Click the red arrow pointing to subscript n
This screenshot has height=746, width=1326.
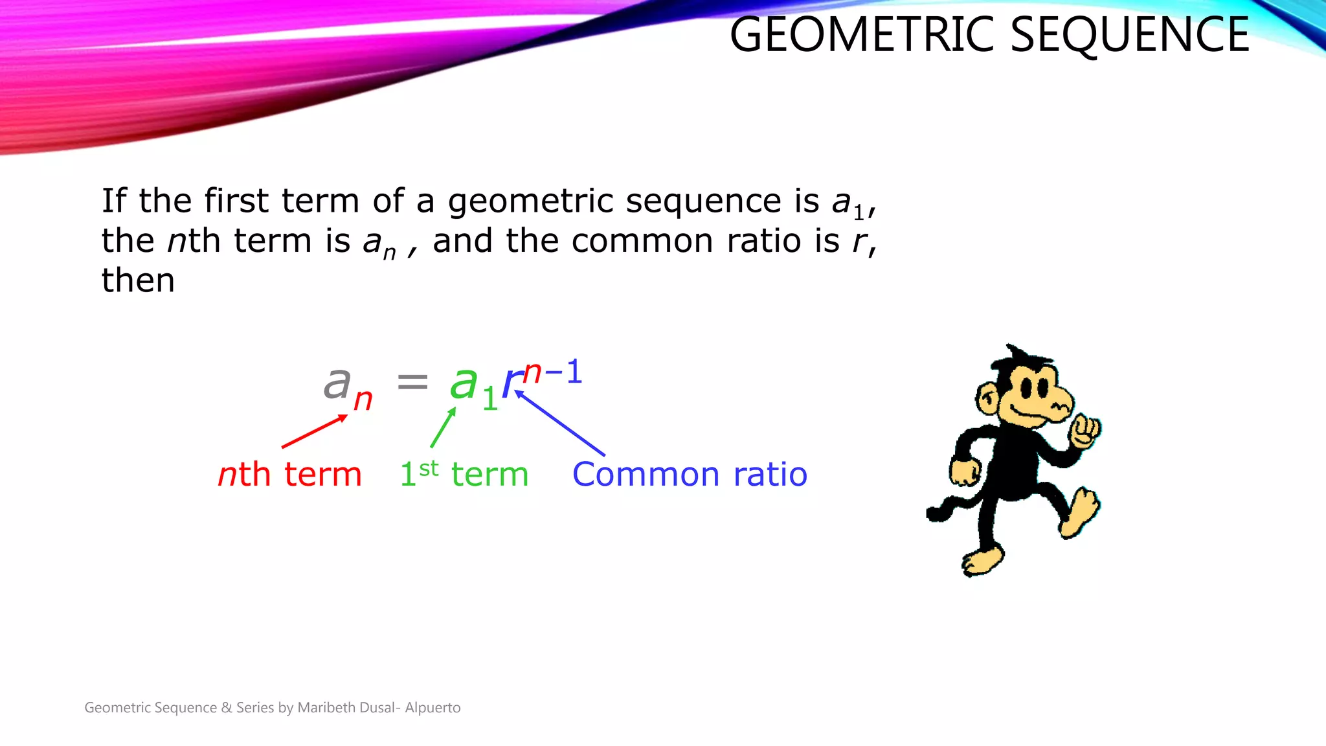314,431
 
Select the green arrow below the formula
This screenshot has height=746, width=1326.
443,427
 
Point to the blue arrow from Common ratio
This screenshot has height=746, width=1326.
559,422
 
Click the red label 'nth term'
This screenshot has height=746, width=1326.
289,474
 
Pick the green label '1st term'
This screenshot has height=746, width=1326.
464,474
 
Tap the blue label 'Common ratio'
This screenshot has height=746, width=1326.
690,474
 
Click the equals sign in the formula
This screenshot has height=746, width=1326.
412,381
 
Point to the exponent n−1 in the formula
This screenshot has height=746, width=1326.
552,372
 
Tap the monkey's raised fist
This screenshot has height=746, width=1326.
1085,431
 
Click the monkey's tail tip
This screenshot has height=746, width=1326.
935,514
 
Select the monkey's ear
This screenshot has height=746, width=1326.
987,398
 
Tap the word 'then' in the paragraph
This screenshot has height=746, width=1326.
138,280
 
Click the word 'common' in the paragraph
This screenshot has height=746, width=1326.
642,241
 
